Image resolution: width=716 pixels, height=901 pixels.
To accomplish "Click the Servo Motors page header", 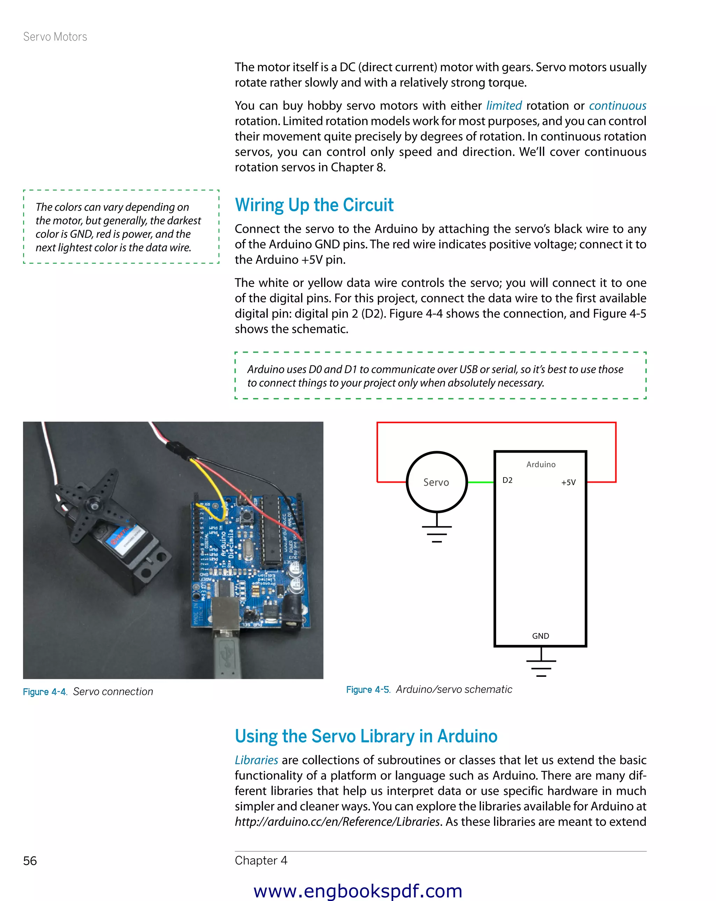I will click(55, 37).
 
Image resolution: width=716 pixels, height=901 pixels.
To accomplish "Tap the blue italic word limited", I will click(503, 106).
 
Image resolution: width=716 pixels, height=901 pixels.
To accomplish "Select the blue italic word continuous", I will click(617, 106).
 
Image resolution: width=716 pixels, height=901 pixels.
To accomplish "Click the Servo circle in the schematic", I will click(436, 482).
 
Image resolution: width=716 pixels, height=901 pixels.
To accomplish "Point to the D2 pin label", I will click(507, 480).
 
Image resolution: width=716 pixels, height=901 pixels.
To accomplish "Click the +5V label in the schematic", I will click(568, 482).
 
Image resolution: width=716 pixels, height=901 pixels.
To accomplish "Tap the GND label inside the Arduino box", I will click(540, 636).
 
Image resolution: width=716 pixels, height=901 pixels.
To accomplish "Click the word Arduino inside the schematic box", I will click(540, 464).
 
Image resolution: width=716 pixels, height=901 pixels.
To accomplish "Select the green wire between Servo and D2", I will click(480, 482).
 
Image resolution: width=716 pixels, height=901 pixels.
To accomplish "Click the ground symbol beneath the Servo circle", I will click(437, 532).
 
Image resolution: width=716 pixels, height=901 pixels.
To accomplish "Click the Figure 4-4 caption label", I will click(45, 691).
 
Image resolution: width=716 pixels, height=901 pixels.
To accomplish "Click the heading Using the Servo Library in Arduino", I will click(366, 736).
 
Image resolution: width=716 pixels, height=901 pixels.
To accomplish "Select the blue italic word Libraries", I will click(256, 760).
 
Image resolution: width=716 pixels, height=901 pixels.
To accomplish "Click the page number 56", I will click(30, 860).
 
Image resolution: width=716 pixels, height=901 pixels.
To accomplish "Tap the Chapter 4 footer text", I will click(261, 860).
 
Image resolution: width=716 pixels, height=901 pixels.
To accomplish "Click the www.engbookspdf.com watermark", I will click(358, 891).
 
